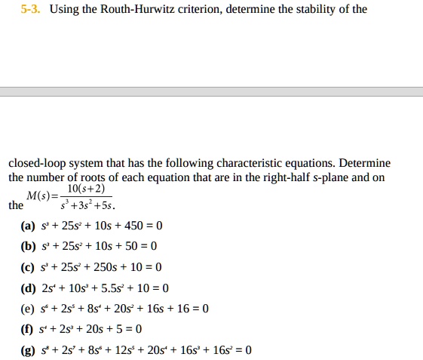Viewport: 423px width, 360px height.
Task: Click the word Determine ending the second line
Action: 365,164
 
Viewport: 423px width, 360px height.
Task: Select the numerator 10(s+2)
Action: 86,189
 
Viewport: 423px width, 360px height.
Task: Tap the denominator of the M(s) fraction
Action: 87,205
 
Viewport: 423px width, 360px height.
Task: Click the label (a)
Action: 29,226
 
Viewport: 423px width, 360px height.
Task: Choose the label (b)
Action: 29,247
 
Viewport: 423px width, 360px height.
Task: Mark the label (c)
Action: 29,267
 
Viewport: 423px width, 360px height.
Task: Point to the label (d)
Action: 29,288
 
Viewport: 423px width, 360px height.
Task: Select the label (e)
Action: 29,308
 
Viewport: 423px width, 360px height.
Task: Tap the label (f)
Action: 28,328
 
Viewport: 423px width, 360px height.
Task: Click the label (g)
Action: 29,349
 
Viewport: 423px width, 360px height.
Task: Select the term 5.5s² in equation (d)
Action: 110,288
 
